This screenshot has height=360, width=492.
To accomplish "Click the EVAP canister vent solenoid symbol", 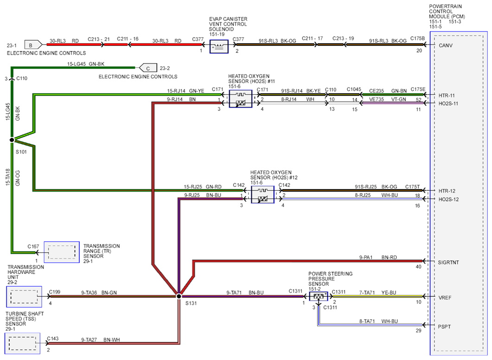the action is tap(219, 46).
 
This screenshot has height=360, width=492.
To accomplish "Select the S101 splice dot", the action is tap(12, 140).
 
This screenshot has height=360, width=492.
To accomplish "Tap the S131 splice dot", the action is tap(179, 296).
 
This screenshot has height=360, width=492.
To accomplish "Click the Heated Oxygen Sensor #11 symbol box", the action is tap(241, 99).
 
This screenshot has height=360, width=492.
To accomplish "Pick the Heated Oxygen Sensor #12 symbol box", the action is tap(262, 194).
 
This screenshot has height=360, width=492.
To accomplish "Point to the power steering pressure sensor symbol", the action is tap(319, 296).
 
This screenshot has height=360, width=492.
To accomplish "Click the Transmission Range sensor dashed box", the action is tap(62, 252).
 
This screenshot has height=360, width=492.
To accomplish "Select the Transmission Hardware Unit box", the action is tap(24, 296).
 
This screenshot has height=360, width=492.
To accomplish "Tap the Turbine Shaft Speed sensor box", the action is tap(23, 343).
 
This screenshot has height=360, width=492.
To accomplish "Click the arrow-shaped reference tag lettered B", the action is tap(33, 45).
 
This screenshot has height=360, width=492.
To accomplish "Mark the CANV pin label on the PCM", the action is tap(446, 45).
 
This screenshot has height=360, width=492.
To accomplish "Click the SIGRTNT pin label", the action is tap(448, 263).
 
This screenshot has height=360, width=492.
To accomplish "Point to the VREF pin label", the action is tap(445, 297).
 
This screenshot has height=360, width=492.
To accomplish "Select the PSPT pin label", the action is tap(444, 327).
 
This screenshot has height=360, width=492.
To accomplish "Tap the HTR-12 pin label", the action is tap(447, 191).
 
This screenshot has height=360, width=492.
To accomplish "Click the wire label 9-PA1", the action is tap(366, 257).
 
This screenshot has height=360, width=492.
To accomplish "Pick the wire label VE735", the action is tap(377, 99).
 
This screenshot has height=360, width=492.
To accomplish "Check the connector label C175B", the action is tap(418, 39).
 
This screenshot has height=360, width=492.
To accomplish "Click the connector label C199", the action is tap(55, 292).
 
